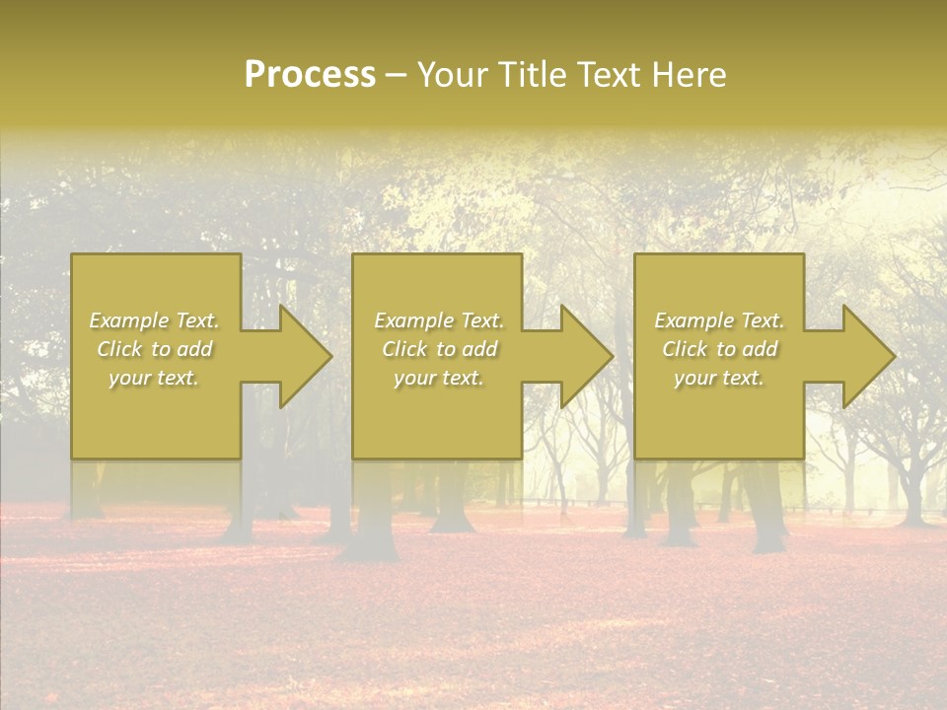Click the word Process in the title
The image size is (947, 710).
(x=310, y=75)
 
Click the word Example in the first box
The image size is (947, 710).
(x=128, y=320)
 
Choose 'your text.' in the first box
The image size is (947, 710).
(x=154, y=378)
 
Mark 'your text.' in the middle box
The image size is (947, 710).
(x=438, y=378)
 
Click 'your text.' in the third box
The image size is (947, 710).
(x=718, y=378)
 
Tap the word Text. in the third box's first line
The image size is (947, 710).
(x=762, y=320)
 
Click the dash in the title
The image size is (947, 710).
(x=396, y=76)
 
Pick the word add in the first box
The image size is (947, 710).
(x=194, y=349)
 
